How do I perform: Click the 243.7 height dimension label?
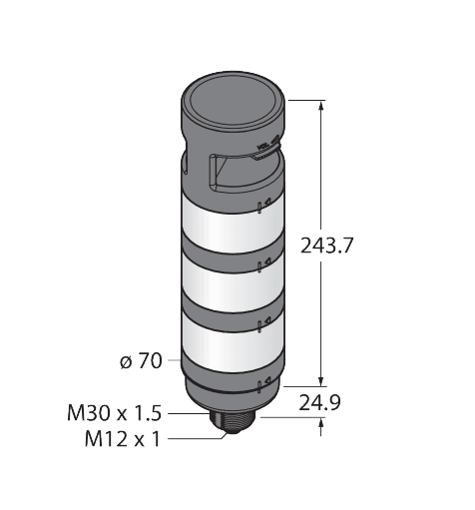tap(325, 246)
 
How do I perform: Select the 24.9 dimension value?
tap(319, 403)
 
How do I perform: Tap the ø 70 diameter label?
tap(141, 361)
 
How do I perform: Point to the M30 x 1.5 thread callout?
tap(114, 413)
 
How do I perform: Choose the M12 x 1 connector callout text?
tap(123, 439)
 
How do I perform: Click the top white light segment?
tap(233, 223)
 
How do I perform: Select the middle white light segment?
tap(233, 280)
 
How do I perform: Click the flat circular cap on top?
tap(233, 101)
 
